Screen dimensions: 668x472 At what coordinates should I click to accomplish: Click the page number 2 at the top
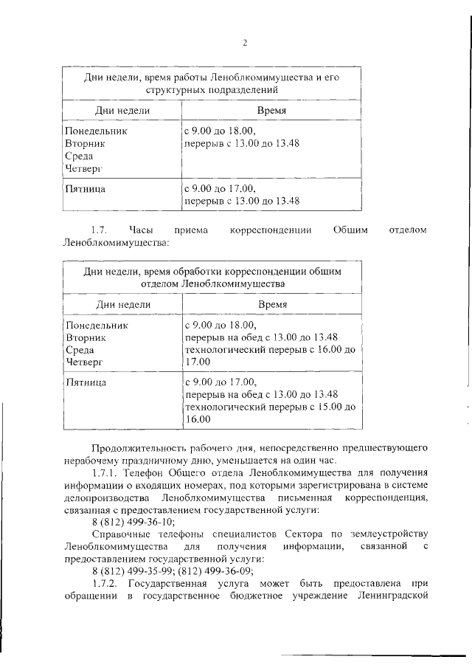245,42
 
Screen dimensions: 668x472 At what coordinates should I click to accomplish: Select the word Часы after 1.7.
140,231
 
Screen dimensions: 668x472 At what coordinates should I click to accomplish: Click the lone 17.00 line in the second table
197,362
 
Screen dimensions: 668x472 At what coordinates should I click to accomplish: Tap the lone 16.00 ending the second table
197,419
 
